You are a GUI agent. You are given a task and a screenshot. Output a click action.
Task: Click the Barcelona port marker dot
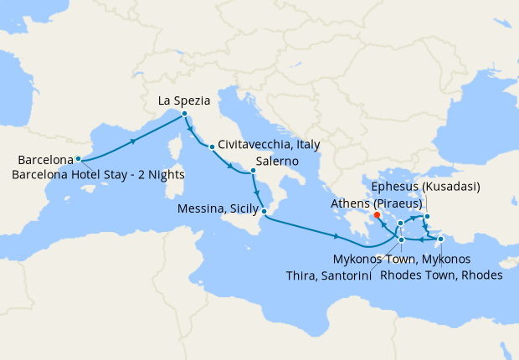click(x=78, y=158)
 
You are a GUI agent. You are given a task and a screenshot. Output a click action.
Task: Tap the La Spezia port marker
click(x=184, y=114)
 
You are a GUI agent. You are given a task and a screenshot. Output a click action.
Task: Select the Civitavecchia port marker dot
click(x=212, y=147)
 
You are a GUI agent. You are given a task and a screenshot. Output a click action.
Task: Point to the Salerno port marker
click(x=253, y=172)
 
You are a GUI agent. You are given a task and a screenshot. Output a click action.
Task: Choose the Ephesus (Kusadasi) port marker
click(x=427, y=218)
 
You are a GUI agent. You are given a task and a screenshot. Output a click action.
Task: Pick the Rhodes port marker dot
click(x=440, y=239)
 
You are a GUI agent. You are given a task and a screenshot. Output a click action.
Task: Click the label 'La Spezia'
click(x=183, y=101)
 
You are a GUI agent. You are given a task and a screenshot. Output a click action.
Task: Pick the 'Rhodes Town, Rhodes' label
click(x=441, y=273)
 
